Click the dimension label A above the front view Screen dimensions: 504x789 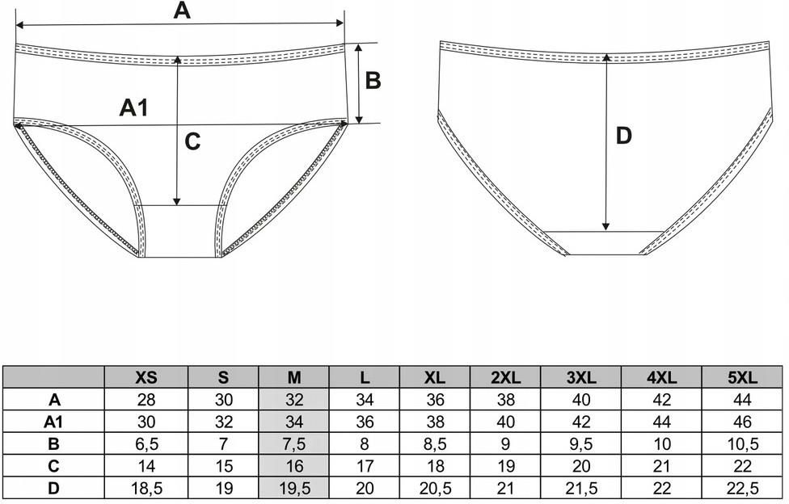click(182, 10)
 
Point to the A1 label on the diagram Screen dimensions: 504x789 click(134, 107)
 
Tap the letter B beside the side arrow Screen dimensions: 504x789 click(373, 80)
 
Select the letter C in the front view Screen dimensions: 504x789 click(192, 142)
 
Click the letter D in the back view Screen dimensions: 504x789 click(623, 136)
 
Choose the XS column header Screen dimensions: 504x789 click(146, 377)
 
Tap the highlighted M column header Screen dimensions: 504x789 click(293, 377)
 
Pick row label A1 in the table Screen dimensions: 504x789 click(54, 421)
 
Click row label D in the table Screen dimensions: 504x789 click(54, 488)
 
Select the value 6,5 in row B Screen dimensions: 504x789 click(146, 443)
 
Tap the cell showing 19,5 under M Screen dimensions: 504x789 click(293, 488)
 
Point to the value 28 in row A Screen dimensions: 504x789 click(146, 399)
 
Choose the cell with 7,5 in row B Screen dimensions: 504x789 click(293, 443)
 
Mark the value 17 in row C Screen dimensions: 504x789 click(365, 465)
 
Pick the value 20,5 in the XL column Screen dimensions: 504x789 click(435, 488)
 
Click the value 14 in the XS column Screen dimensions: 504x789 click(146, 465)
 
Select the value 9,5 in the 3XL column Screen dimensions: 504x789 click(582, 443)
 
